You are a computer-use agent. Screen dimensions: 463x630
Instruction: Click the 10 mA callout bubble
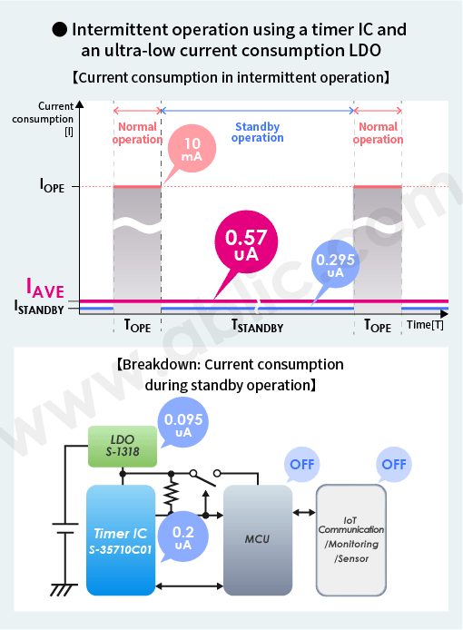(192, 149)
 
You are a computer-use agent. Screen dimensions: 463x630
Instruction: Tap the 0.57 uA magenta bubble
(246, 241)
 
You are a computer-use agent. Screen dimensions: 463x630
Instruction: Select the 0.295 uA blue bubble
(335, 264)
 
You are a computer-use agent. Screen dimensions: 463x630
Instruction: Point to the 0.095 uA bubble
(183, 421)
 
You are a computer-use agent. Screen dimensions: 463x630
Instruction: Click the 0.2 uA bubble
(183, 536)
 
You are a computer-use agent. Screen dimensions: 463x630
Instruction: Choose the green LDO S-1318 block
(123, 446)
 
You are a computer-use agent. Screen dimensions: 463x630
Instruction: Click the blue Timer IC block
(121, 540)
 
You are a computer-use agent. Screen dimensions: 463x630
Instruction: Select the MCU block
(258, 540)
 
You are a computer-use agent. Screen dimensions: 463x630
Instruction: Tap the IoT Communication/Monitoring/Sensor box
(351, 540)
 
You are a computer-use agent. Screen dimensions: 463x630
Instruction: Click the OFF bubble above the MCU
(301, 465)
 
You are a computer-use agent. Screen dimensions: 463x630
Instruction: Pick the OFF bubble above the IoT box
(394, 465)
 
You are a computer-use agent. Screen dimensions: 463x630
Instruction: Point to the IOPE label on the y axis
(52, 185)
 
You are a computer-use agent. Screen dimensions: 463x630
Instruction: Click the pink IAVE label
(45, 288)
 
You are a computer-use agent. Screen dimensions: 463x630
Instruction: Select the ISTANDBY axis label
(39, 308)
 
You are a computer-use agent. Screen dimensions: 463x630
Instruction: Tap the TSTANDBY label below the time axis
(257, 326)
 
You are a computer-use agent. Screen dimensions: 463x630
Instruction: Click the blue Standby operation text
(257, 133)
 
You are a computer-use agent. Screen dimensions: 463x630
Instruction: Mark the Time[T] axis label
(425, 324)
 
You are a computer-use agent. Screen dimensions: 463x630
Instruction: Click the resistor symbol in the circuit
(172, 495)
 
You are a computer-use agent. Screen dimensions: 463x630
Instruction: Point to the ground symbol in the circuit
(64, 590)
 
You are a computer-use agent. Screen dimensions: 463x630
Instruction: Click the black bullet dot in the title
(60, 29)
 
